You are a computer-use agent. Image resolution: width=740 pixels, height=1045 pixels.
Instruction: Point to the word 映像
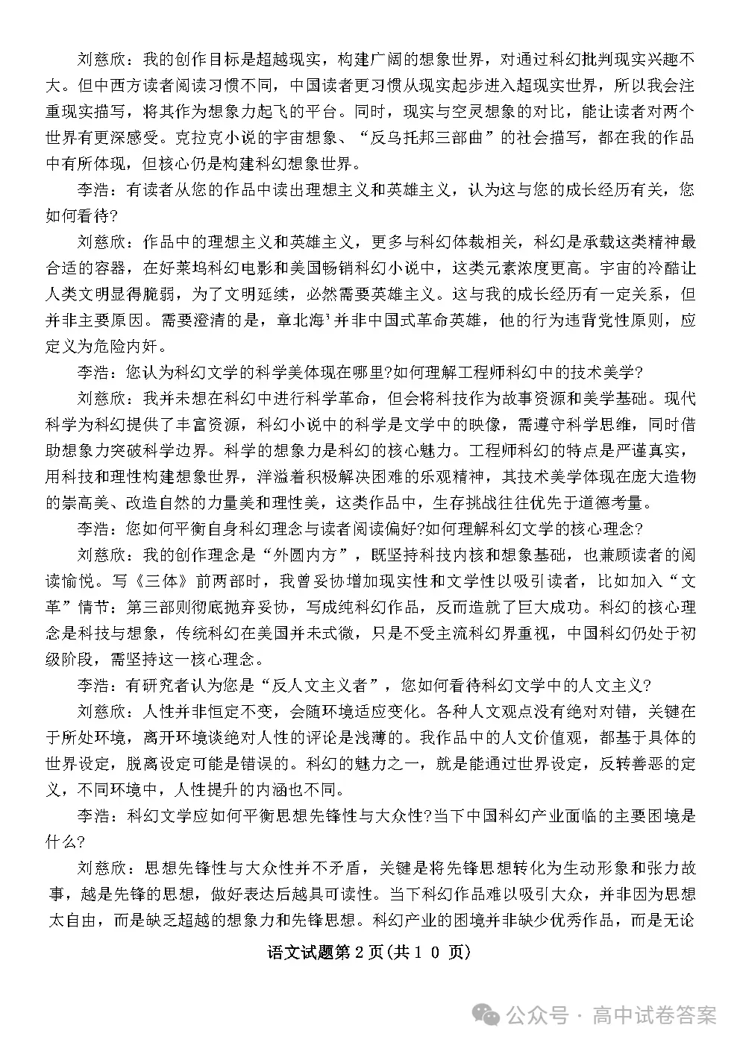[x=461, y=423]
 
